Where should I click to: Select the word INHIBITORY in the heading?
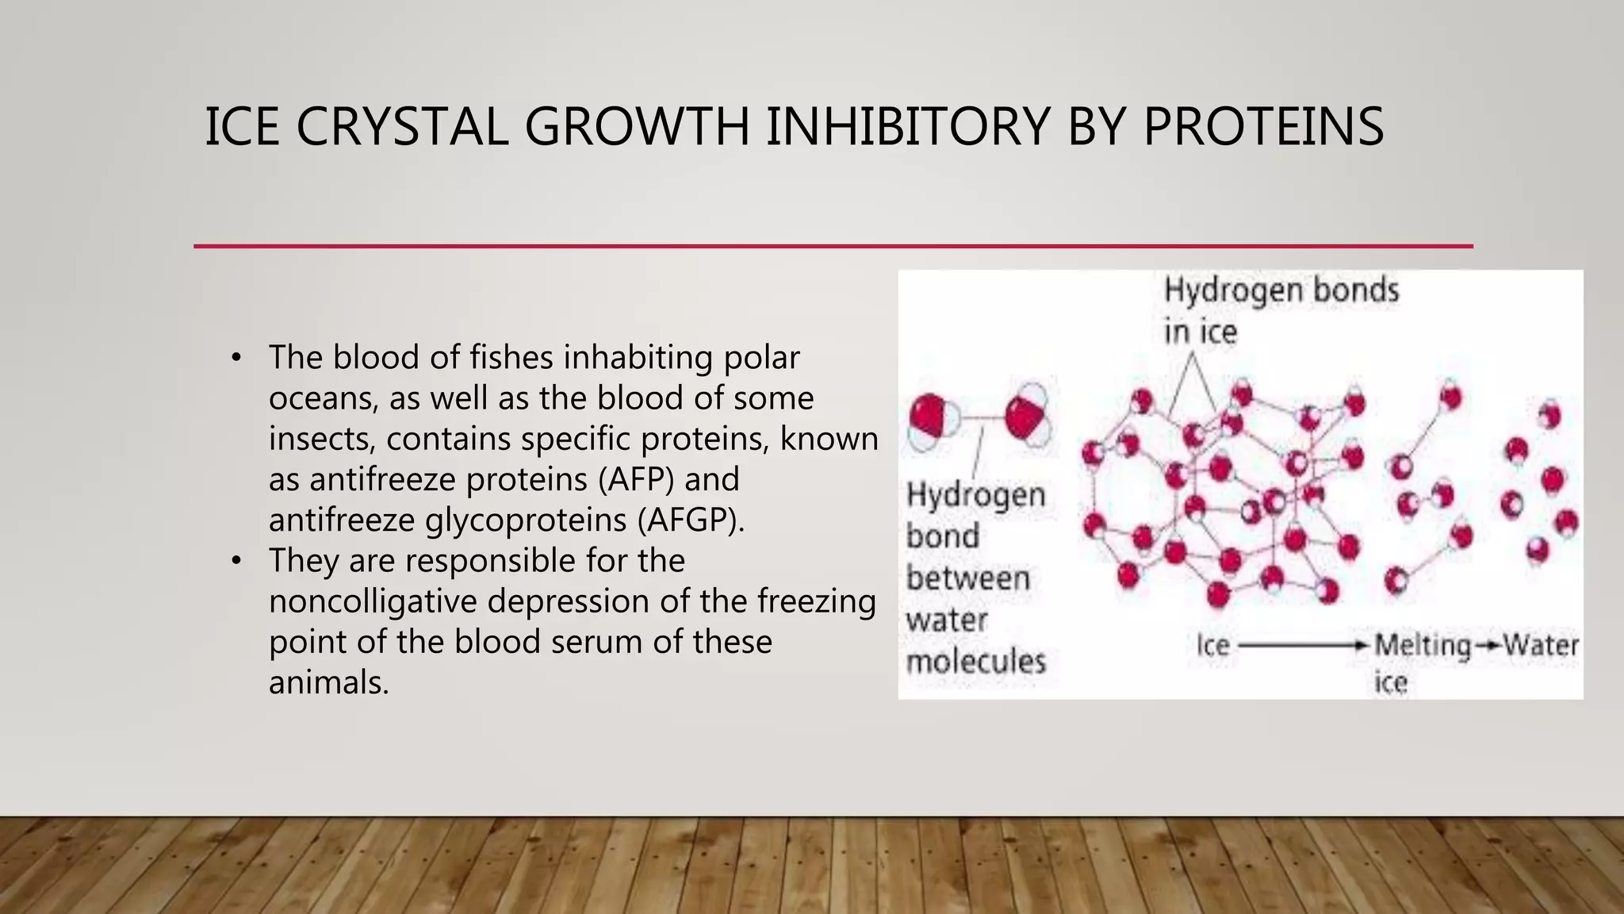(907, 127)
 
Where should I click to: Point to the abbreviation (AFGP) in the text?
(691, 520)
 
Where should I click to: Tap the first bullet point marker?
(236, 358)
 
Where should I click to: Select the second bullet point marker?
(236, 561)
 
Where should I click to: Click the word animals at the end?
(328, 682)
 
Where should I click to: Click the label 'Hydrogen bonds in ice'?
(1280, 309)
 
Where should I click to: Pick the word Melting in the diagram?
(1422, 645)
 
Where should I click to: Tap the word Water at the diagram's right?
(1540, 645)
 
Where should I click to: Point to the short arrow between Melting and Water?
(1487, 646)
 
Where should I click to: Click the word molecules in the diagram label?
(975, 661)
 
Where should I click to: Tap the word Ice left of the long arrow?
(1212, 646)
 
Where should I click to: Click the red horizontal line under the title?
(833, 247)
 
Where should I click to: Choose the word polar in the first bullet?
(761, 358)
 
